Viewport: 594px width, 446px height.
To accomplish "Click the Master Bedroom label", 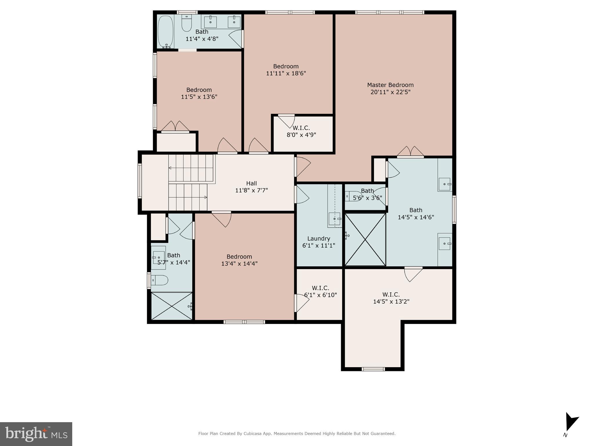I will coord(390,85).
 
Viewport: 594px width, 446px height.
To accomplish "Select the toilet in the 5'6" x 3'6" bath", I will coord(353,196).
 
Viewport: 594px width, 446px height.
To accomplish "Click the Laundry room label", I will coord(319,239).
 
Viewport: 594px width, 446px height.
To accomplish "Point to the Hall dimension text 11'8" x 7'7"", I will coord(251,191).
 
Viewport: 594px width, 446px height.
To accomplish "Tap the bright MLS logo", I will coord(36,434).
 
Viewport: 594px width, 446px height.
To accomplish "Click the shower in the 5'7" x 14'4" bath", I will coord(172,306).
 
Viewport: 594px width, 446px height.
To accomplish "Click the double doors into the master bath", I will coord(410,152).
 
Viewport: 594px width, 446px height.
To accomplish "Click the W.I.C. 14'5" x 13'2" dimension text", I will coord(391,302).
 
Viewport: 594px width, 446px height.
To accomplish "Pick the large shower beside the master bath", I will coord(365,239).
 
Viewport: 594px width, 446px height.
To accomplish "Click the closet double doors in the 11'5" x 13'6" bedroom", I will coord(175,127).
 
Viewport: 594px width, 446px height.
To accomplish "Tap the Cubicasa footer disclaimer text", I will coord(297,434).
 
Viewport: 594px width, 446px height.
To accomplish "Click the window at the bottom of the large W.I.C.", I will coord(373,369).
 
